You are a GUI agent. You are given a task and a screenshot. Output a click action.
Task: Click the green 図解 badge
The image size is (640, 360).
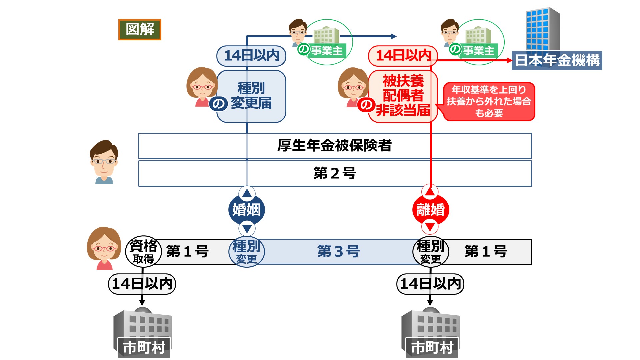[x=140, y=30]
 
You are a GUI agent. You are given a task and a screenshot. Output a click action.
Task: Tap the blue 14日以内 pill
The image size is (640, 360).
[x=251, y=56]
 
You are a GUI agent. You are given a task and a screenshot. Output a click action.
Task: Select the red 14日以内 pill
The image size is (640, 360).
[x=403, y=56]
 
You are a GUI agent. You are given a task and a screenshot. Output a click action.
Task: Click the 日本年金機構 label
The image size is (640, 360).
[x=557, y=60]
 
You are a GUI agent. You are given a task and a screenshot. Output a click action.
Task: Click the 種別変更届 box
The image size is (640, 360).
[x=251, y=96]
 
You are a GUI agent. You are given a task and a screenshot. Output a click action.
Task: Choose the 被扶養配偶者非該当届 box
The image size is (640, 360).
[x=403, y=96]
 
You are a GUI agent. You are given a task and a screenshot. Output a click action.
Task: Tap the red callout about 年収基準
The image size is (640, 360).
[x=489, y=101]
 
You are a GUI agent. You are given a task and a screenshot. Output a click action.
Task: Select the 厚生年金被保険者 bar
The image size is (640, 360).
[x=335, y=146]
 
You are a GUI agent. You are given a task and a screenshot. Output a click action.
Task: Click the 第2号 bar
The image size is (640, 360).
[x=335, y=173]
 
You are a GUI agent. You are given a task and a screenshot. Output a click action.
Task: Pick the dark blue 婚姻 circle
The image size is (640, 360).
[x=247, y=210]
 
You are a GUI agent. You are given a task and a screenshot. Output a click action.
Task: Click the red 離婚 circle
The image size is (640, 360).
[x=431, y=210]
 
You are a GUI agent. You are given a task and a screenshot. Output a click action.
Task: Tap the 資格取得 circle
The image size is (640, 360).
[x=143, y=251]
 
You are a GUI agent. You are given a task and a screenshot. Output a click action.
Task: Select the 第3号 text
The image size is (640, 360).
[x=338, y=251]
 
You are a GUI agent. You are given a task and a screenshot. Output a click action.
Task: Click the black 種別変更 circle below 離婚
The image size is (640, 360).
[x=431, y=252]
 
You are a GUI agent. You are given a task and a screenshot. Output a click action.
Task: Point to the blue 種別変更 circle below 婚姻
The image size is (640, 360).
[x=247, y=252]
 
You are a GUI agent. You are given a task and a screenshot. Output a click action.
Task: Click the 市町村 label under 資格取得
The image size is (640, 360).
[x=144, y=347]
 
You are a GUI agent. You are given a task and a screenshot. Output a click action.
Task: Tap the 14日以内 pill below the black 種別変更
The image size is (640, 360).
[x=430, y=284]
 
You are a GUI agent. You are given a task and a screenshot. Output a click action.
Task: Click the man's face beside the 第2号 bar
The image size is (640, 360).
[x=104, y=162]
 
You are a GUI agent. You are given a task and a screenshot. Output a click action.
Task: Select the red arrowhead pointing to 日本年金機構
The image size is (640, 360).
[x=509, y=60]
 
